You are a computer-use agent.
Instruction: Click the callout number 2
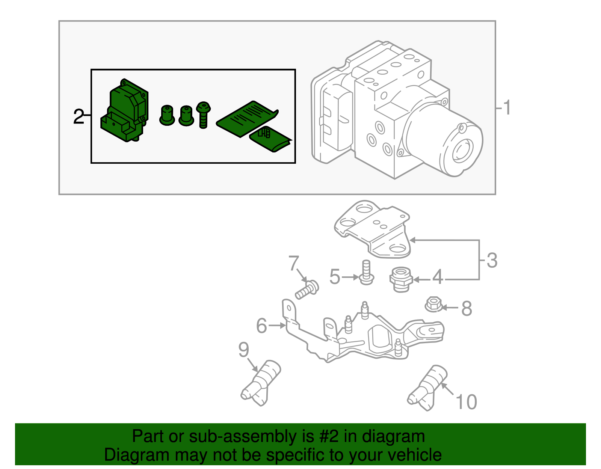point(79,117)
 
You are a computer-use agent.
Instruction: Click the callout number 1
point(507,108)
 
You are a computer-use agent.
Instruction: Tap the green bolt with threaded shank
point(203,115)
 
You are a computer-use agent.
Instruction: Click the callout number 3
point(492,260)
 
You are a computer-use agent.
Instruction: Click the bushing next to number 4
point(400,279)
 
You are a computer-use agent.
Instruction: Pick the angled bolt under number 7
point(307,290)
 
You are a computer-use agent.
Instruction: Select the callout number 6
point(261,325)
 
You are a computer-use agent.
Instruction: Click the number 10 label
point(466,402)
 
